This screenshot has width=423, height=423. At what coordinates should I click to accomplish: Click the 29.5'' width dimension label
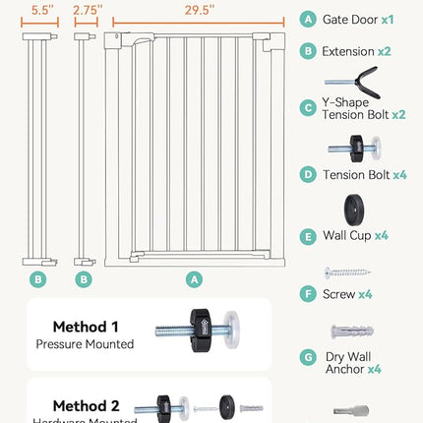click(194, 10)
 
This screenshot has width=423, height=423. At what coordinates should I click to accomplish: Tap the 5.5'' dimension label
click(38, 10)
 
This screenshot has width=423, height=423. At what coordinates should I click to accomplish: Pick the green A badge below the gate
click(194, 279)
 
